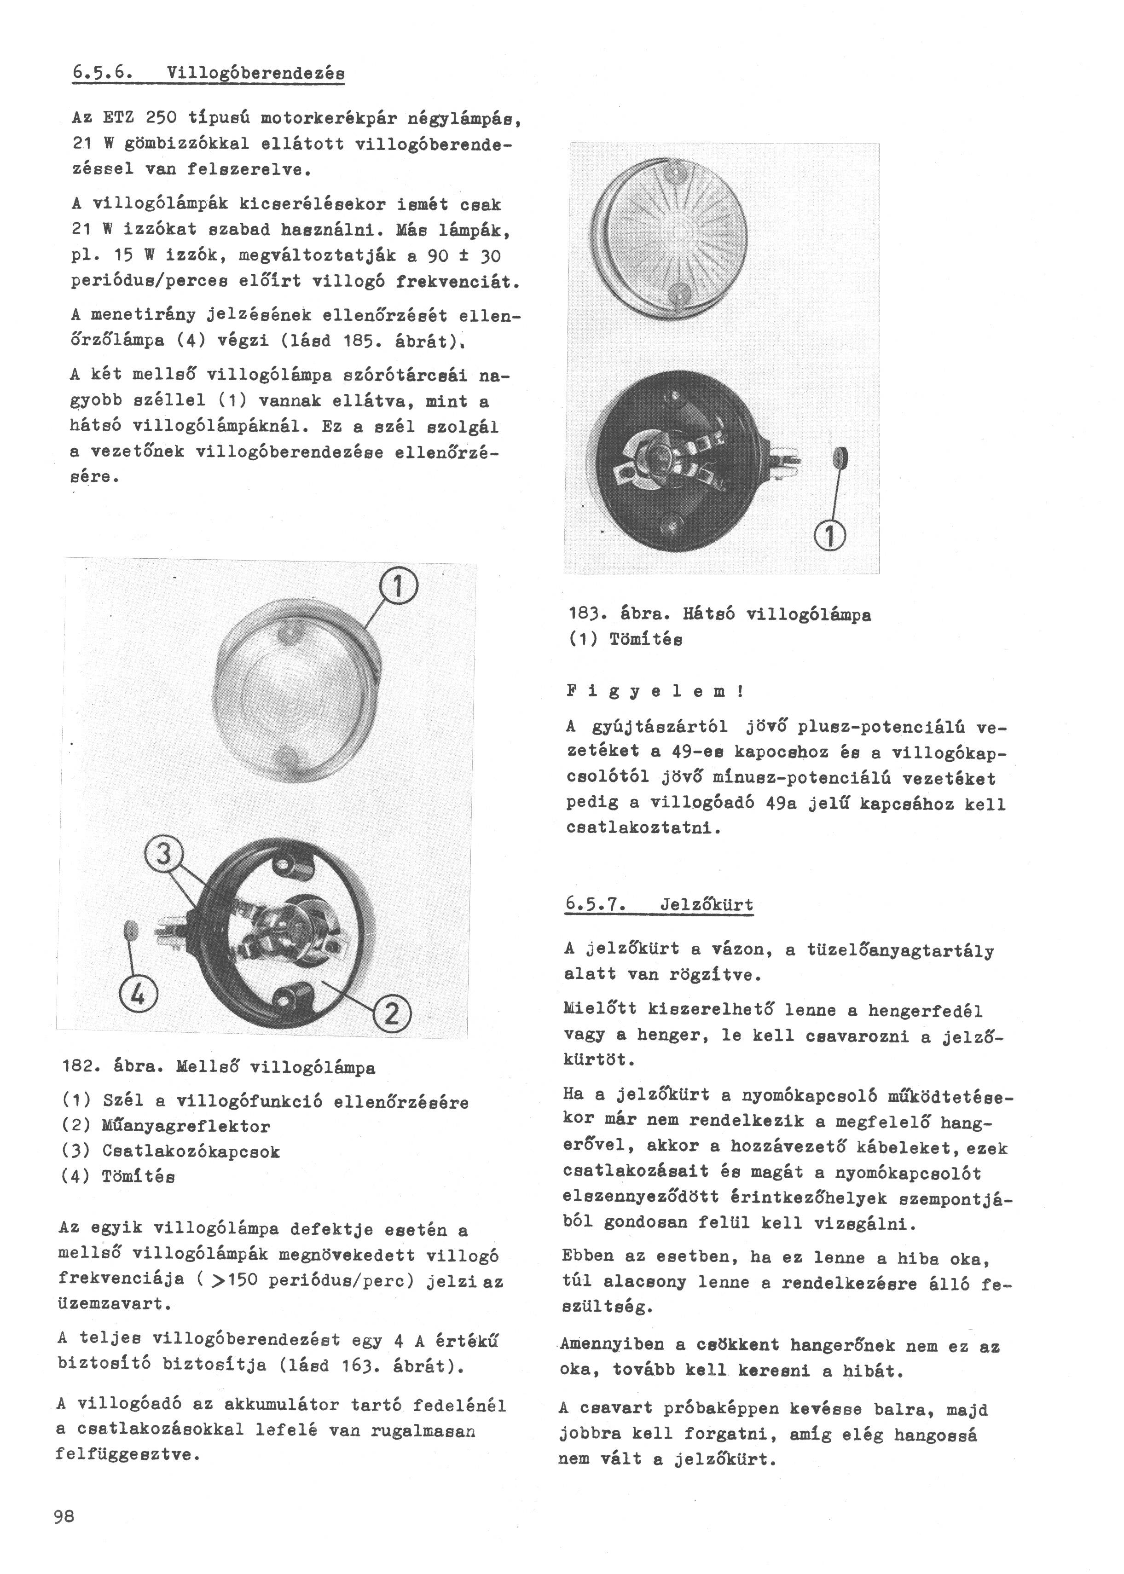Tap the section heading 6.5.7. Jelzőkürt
coord(658,904)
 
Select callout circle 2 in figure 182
coord(392,1015)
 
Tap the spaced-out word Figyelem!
coord(655,690)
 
